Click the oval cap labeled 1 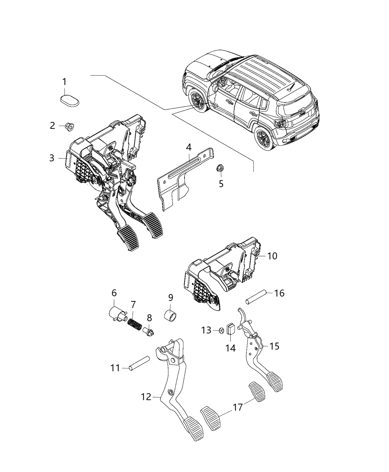coord(70,101)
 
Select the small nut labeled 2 coord(69,127)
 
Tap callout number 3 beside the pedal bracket coord(51,158)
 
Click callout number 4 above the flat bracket coord(189,147)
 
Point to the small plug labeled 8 coord(149,329)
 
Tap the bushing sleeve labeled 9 coord(171,317)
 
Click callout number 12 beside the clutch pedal coord(146,397)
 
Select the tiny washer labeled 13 coord(221,330)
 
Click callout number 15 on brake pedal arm coord(274,347)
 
